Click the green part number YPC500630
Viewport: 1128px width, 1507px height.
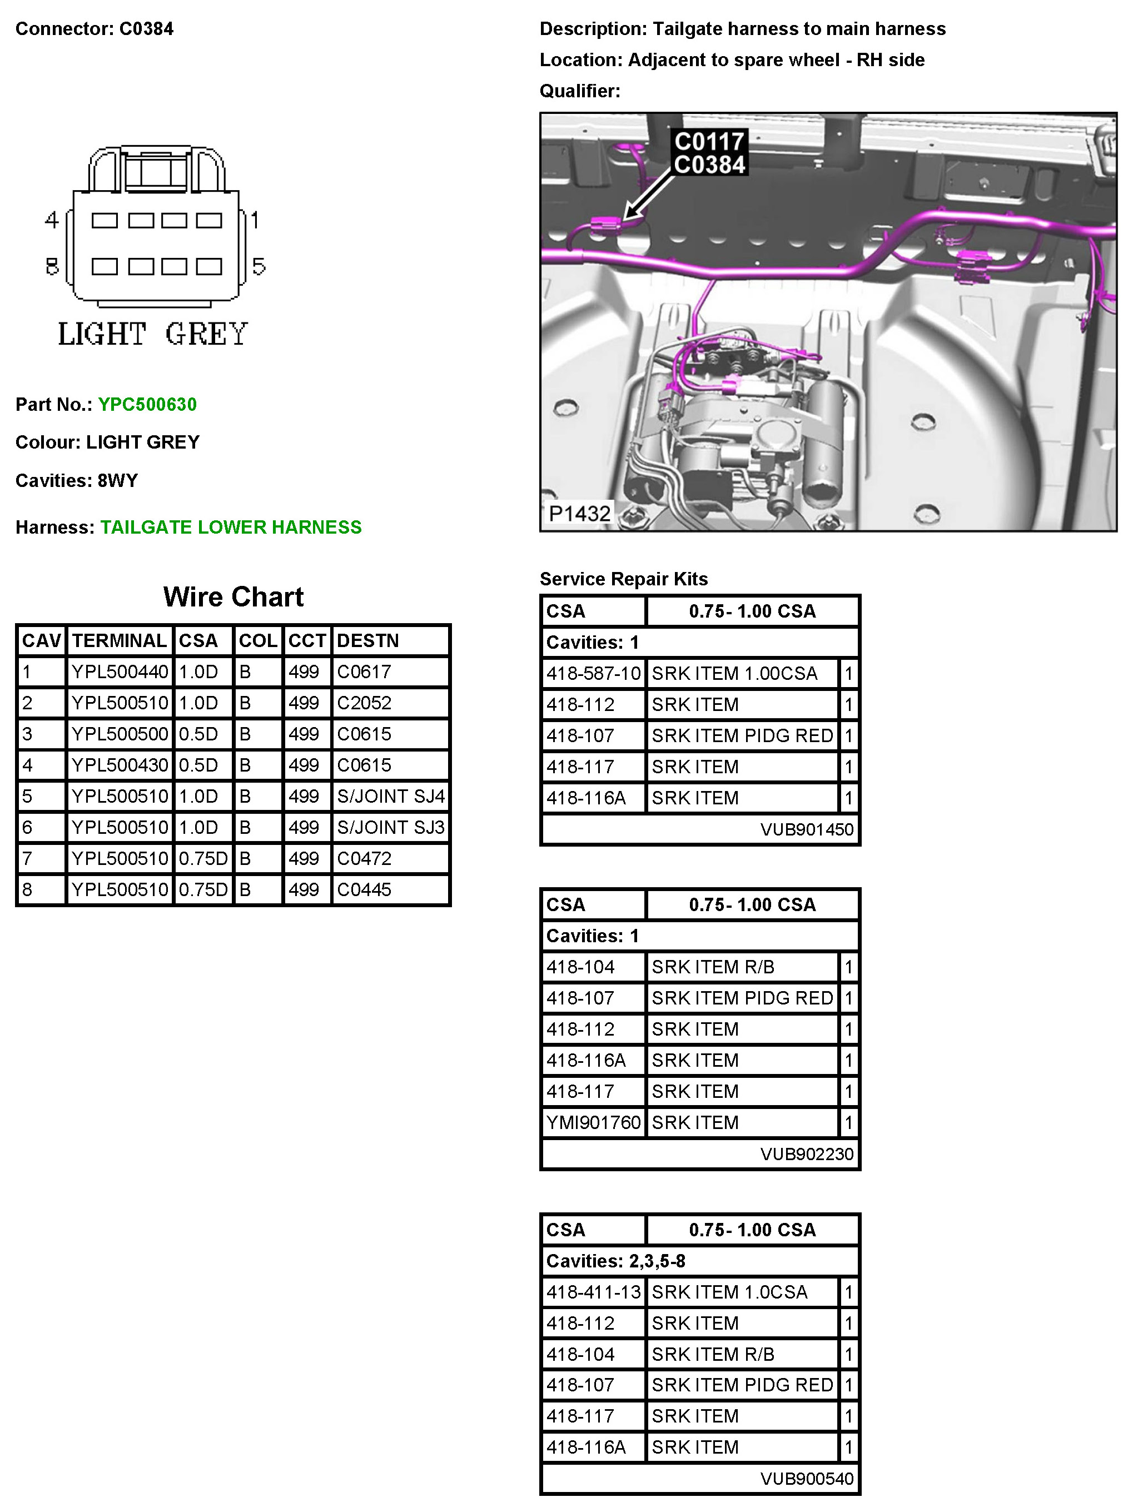coord(147,404)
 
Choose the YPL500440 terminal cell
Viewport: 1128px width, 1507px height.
coord(120,672)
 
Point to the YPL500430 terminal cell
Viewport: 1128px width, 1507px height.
coord(120,764)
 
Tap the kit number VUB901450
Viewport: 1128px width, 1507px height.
coord(807,829)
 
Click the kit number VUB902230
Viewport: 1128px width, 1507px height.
coord(807,1153)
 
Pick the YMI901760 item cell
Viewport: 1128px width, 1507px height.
coord(593,1122)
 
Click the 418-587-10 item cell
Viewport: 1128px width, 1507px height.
coord(593,673)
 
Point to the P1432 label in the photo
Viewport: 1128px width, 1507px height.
coord(579,513)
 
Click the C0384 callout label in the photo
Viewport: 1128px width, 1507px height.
coord(709,165)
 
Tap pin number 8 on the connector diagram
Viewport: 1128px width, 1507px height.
coord(52,266)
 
